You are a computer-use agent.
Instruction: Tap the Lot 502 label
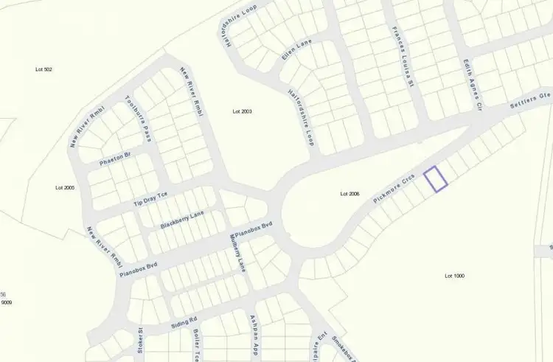[44, 69]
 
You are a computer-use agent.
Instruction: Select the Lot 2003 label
[242, 111]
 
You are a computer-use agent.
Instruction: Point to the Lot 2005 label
[65, 188]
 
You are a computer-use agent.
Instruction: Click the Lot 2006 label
[349, 194]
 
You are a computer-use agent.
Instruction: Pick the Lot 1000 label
[455, 276]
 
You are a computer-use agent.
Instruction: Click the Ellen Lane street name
[297, 51]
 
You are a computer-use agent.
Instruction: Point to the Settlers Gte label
[532, 107]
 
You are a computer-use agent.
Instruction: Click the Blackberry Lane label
[182, 219]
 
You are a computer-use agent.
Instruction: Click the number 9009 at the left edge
[7, 302]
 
